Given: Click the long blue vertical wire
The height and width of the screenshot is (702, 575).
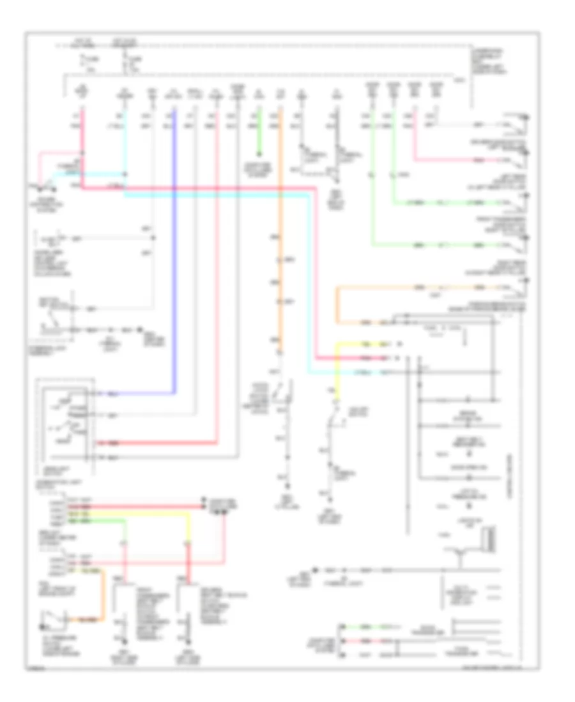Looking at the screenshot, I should point(174,255).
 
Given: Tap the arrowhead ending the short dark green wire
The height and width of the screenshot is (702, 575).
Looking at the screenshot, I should point(259,155).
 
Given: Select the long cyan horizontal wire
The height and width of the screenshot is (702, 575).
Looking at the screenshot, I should point(217,195).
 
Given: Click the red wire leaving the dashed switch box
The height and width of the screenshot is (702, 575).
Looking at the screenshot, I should point(160,442).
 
